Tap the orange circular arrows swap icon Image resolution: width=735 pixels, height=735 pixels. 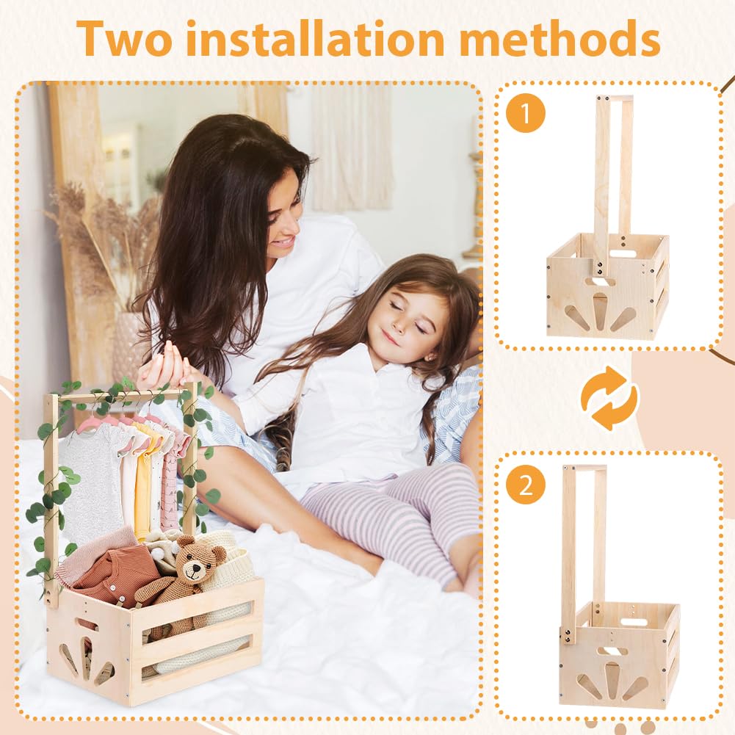(609, 398)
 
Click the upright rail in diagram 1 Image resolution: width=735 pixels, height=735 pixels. (613, 176)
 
